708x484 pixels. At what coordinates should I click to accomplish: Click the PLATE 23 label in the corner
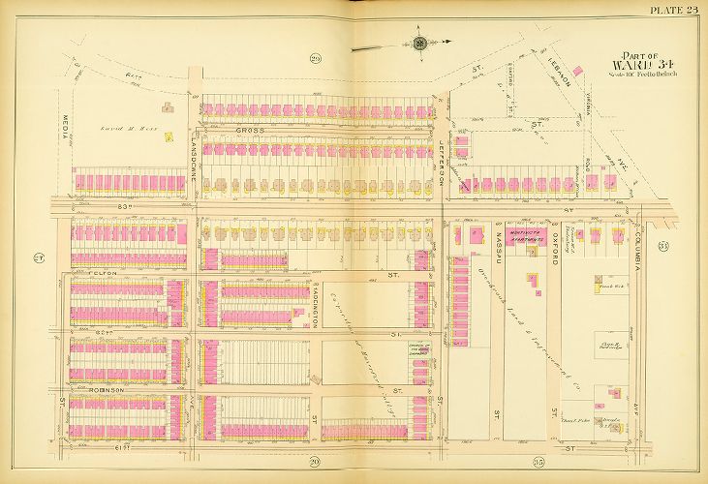pos(673,11)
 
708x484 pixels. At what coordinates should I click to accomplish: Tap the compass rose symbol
pos(419,43)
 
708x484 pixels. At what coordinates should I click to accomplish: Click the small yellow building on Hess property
pos(169,137)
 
